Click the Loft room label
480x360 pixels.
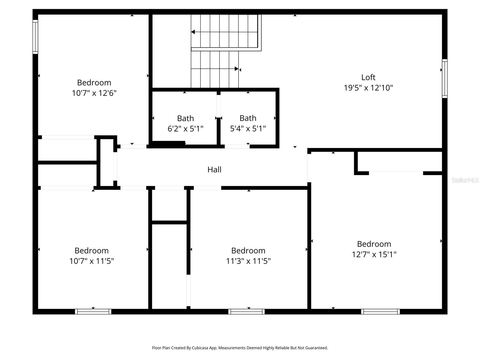(x=368, y=77)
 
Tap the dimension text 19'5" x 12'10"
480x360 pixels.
(x=368, y=88)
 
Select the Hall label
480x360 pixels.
(x=214, y=169)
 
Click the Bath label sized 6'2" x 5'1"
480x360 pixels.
(x=185, y=118)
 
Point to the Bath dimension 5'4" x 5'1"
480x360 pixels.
(x=248, y=129)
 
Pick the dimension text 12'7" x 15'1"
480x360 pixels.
(x=374, y=254)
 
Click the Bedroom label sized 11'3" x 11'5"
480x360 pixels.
(x=248, y=250)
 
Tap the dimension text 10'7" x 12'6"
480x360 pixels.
(x=94, y=93)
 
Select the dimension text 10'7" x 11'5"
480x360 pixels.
(x=91, y=261)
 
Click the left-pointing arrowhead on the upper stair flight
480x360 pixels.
(x=193, y=32)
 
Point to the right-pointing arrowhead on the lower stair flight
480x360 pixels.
(x=236, y=69)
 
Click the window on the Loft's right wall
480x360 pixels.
(x=445, y=79)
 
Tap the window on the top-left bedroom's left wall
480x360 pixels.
(x=35, y=37)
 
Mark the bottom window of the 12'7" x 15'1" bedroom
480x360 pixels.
(x=380, y=312)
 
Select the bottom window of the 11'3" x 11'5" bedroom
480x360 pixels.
(x=246, y=312)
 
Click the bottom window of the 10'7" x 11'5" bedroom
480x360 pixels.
(x=93, y=312)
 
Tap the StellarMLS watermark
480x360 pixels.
(x=465, y=180)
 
